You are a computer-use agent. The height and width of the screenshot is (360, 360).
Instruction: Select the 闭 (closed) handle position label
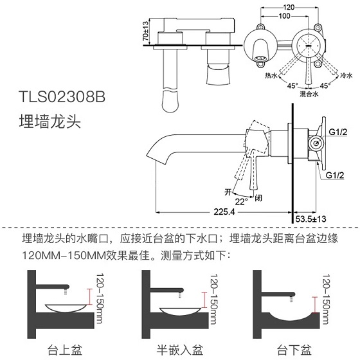[258, 197]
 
